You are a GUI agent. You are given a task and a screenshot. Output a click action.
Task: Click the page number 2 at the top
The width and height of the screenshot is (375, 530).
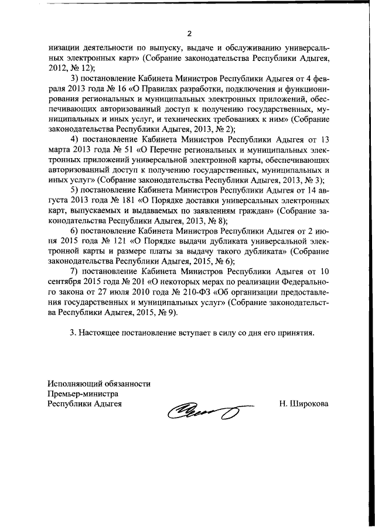pos(188,33)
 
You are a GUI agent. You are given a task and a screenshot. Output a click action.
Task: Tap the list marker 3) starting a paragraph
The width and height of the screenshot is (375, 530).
pos(74,78)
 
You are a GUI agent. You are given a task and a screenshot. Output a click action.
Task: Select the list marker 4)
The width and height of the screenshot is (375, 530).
pos(74,139)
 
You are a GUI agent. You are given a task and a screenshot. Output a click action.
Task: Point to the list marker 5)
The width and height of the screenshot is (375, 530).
pos(74,190)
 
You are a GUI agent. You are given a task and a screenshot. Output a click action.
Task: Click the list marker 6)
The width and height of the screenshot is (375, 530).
pos(74,231)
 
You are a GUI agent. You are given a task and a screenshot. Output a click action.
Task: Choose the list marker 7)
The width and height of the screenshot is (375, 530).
pos(74,271)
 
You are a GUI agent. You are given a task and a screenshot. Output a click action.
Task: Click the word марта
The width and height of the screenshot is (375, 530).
pos(60,149)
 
